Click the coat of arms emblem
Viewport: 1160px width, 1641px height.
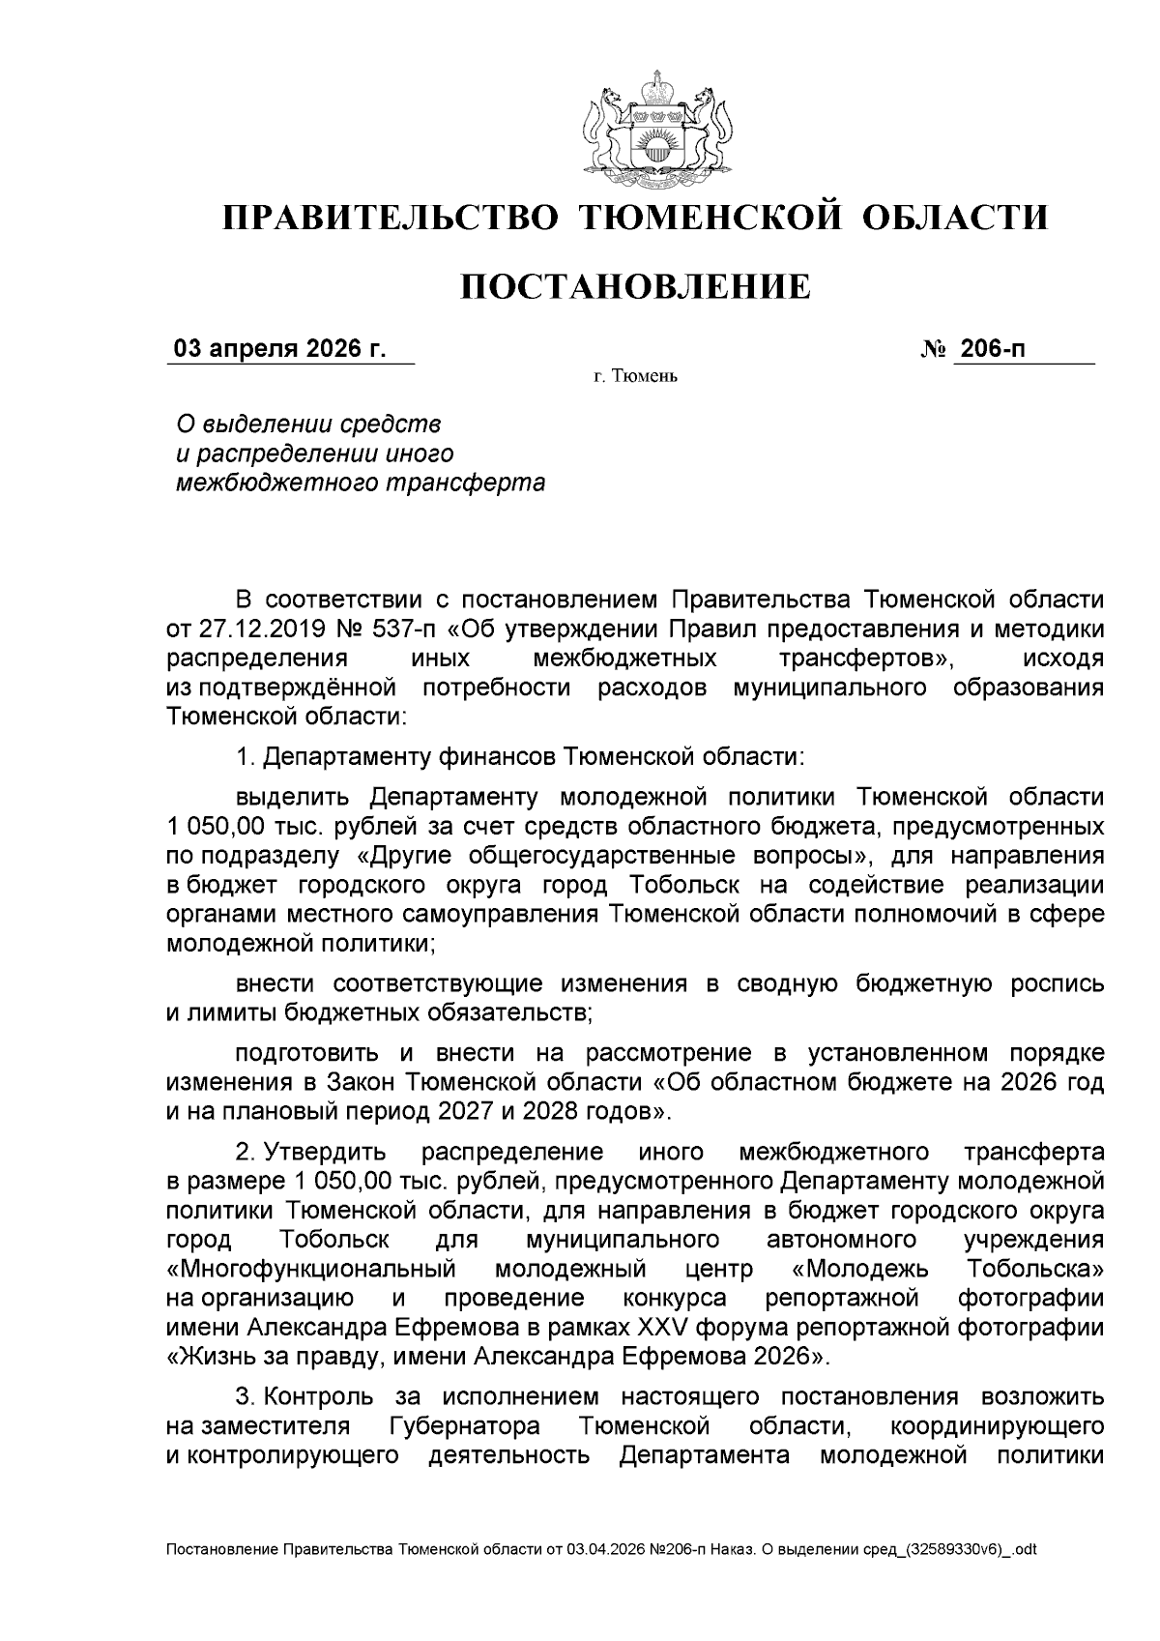click(653, 129)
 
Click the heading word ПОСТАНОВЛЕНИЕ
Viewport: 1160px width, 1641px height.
click(634, 287)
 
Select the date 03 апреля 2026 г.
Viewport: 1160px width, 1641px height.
click(278, 349)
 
